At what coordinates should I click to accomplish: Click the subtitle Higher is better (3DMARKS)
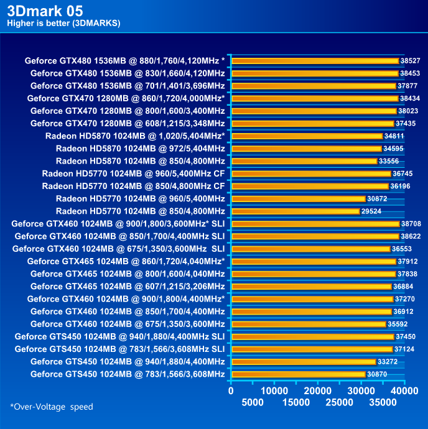coord(63,23)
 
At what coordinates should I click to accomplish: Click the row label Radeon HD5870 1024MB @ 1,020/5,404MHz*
coord(135,136)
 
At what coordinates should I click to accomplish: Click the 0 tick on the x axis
coord(231,391)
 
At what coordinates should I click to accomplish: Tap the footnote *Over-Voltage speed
coord(51,407)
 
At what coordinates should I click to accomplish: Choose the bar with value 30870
coord(298,374)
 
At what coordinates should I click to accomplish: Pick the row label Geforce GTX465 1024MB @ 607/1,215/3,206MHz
coord(128,286)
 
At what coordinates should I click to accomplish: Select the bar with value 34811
coord(307,136)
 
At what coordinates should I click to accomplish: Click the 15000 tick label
coord(296,403)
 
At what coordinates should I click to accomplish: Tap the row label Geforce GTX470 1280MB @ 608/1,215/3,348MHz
coord(128,124)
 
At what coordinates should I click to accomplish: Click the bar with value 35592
coord(309,324)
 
